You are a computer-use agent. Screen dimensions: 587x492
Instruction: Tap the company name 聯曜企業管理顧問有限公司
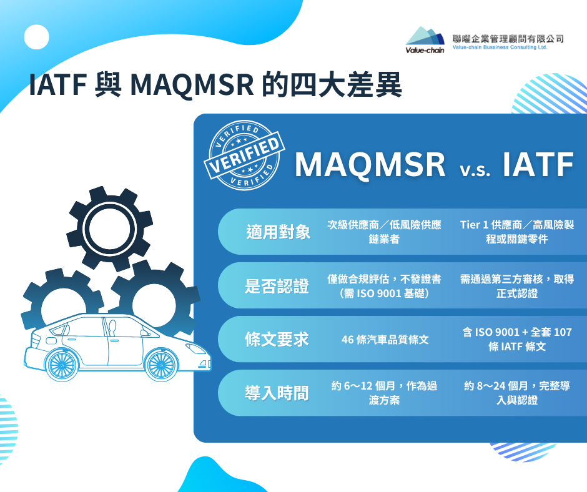(508, 39)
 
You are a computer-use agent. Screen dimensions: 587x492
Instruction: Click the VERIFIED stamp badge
(244, 155)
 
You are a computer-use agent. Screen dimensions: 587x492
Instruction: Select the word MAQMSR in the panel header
(370, 164)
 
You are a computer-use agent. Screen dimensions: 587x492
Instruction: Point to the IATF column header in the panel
(538, 164)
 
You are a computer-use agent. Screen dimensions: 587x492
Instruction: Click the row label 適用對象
(278, 232)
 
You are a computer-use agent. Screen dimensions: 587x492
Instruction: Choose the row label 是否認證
(277, 286)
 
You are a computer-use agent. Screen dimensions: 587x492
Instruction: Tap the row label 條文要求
(277, 340)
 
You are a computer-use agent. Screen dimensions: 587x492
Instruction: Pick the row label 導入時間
(277, 393)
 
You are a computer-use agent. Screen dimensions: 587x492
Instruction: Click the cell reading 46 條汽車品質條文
(385, 340)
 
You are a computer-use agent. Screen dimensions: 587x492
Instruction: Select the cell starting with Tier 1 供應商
(517, 232)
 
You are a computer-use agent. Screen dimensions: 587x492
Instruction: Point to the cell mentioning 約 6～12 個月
(384, 393)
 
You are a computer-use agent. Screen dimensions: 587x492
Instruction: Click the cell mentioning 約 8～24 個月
(517, 393)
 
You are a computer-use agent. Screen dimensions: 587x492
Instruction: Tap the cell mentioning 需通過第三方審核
(517, 286)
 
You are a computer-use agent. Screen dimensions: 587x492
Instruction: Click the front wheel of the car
(161, 365)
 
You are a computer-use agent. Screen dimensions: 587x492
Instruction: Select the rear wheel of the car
(61, 366)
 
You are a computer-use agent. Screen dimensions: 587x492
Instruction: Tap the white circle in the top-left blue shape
(37, 37)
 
